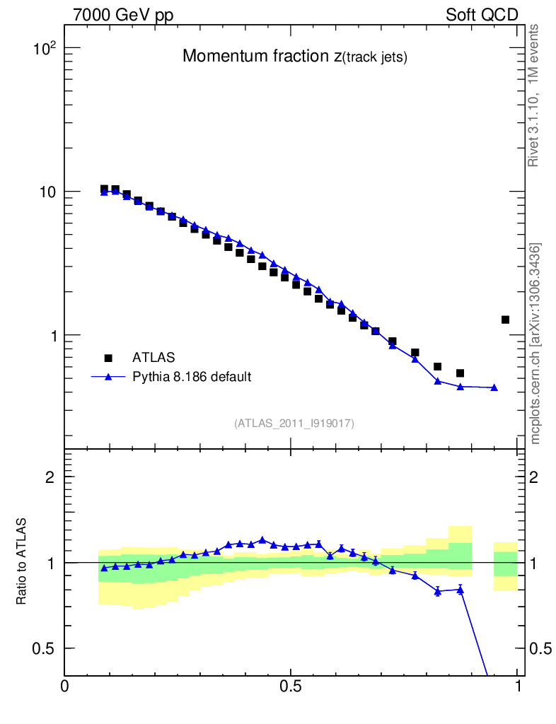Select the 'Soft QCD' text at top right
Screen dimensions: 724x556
[482, 15]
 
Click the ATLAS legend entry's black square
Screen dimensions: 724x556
[109, 358]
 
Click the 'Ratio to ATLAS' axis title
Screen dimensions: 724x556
[21, 562]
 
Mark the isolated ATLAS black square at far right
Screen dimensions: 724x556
[505, 320]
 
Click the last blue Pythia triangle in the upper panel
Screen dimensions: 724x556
[494, 387]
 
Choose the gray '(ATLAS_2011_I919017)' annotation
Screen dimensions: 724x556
[294, 423]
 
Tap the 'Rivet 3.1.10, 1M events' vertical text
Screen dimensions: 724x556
[534, 95]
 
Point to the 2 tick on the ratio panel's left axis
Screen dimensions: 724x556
[50, 477]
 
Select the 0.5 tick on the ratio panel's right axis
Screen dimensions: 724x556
[540, 648]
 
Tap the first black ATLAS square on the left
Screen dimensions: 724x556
[104, 189]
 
